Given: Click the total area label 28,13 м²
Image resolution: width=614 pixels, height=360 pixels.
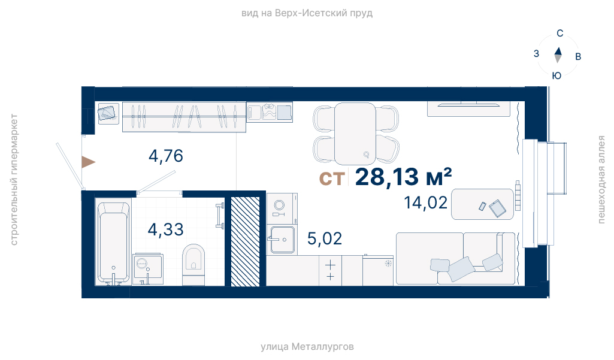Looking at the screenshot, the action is pos(403,177).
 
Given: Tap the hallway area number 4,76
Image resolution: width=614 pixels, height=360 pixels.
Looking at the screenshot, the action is pos(166,156).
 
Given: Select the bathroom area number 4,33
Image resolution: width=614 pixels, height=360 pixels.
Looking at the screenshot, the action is pos(165,229).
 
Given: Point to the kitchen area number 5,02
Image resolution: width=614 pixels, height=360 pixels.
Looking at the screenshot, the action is pos(325,238).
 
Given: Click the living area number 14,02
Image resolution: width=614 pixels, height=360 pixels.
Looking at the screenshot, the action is pos(426,203).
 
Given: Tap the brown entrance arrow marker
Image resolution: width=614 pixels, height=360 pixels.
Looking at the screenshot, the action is pos(88,162).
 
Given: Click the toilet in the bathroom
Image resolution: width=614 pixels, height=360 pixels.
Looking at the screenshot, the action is pos(193,265).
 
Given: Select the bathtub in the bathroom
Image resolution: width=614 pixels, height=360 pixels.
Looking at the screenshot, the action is pos(113,243).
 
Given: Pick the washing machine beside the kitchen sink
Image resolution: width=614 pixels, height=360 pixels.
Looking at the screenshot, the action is pos(282,208).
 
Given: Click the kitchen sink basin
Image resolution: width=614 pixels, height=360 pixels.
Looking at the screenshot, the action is pos(282,240).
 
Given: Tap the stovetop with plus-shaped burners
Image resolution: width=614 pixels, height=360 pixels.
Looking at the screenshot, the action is pos(330,271).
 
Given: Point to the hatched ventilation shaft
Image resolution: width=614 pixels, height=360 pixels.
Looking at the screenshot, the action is pos(245,241).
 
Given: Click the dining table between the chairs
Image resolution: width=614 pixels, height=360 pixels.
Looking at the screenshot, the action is pos(355,134).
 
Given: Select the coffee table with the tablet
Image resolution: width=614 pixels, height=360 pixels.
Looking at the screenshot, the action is pos(482,204).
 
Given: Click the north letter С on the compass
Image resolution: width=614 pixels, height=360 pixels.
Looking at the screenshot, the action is pos(560,34).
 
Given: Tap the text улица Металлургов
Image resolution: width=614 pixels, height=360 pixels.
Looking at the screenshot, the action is pos(307,347).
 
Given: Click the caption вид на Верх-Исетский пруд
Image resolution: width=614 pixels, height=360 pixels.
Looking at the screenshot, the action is pos(307,13).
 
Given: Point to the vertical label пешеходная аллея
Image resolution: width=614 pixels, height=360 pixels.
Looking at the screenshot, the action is pos(601,180).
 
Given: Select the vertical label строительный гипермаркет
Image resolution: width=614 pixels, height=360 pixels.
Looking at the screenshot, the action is pos(14,180).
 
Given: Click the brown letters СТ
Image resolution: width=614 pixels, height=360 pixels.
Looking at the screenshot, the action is pos(332,179).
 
